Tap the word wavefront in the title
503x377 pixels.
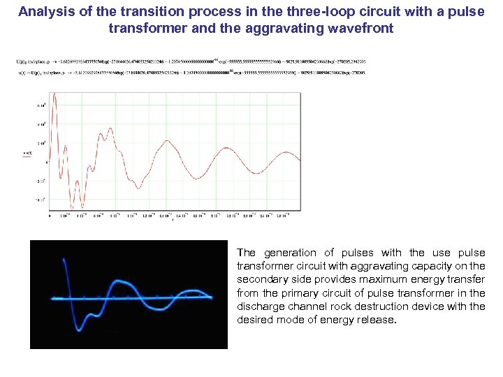(x=361, y=29)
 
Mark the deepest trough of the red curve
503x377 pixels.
(x=82, y=207)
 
